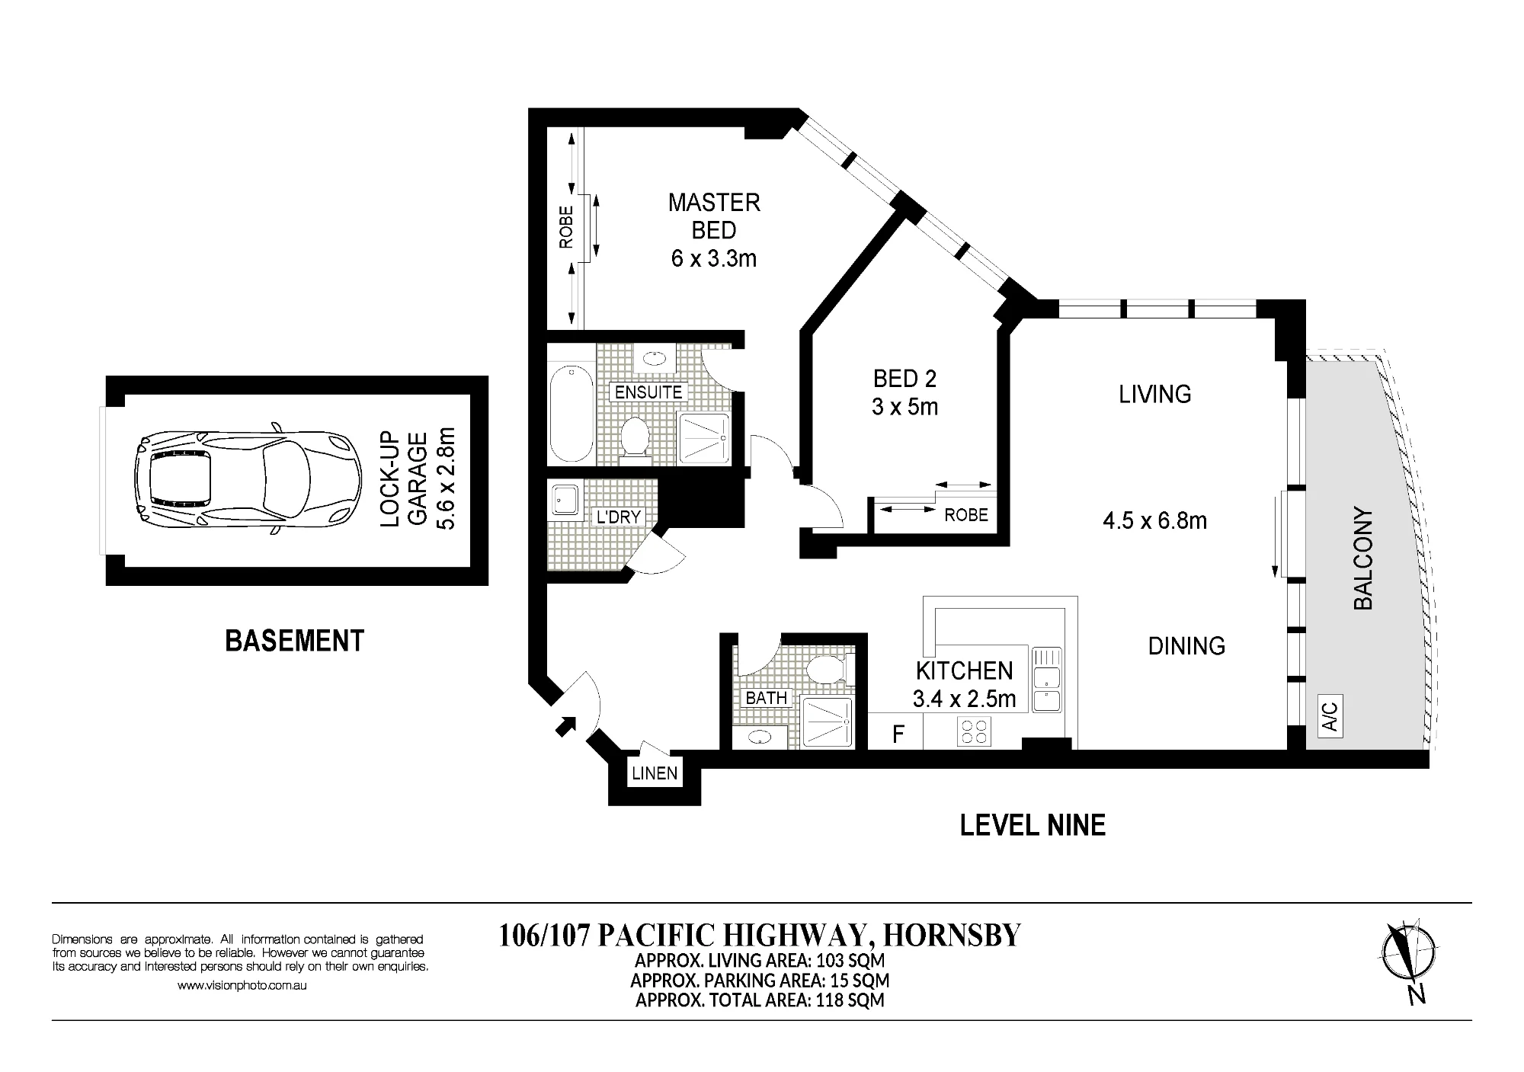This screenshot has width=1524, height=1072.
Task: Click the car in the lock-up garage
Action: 246,481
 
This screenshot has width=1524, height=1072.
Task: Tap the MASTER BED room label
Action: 714,216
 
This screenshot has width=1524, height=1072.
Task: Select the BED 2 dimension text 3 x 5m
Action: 905,407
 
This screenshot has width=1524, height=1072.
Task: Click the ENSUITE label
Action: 648,392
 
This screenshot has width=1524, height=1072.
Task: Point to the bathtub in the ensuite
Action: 571,413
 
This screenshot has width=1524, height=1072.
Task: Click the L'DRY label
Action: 619,517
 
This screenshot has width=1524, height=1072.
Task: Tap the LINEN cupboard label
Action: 655,773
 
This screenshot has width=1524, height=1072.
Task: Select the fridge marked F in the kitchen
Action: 898,734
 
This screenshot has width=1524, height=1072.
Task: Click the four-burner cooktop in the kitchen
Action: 973,732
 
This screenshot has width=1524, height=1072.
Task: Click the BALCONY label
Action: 1362,558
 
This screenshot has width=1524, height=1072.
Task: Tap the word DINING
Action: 1186,646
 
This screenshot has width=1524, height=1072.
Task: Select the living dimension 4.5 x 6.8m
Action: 1154,521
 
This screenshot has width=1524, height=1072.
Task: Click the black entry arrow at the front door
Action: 565,726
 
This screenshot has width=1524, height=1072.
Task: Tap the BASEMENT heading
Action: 295,641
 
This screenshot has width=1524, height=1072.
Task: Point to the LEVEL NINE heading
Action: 1033,825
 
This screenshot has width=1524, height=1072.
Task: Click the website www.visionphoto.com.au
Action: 242,985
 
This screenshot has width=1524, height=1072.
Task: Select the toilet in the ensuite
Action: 634,437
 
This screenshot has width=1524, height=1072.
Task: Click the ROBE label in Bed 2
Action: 966,515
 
